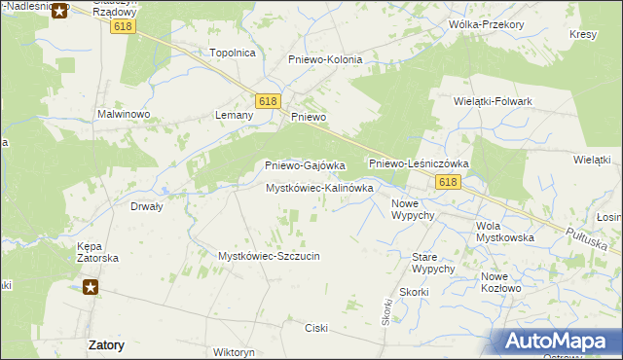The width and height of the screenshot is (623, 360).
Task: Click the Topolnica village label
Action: pyautogui.click(x=233, y=53)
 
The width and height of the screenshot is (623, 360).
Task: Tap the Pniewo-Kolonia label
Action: pyautogui.click(x=325, y=59)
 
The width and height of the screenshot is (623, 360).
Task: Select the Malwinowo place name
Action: pyautogui.click(x=122, y=114)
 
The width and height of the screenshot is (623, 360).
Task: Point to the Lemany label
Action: pyautogui.click(x=234, y=115)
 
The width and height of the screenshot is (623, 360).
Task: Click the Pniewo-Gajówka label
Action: pyautogui.click(x=306, y=165)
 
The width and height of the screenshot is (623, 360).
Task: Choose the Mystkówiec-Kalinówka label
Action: pyautogui.click(x=319, y=188)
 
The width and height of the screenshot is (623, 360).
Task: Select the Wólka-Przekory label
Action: pyautogui.click(x=484, y=24)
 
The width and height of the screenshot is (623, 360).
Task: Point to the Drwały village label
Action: pyautogui.click(x=146, y=206)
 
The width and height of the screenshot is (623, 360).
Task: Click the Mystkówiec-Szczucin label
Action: pyautogui.click(x=269, y=256)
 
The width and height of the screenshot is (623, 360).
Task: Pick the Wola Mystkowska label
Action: pyautogui.click(x=505, y=232)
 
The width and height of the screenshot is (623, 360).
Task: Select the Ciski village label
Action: pyautogui.click(x=317, y=327)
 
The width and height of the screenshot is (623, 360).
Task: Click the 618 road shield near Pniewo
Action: pyautogui.click(x=268, y=100)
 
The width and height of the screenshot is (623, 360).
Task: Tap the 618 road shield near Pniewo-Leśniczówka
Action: pyautogui.click(x=448, y=183)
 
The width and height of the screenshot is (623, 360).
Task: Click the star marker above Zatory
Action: pyautogui.click(x=91, y=287)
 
